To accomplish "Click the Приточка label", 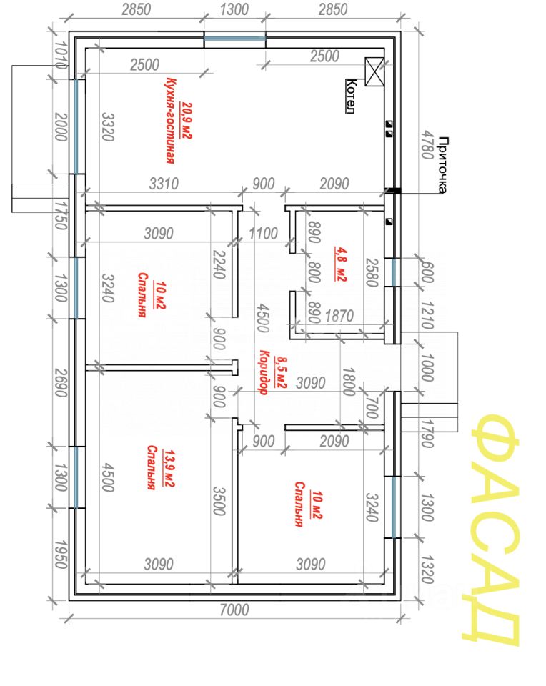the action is tap(442, 165).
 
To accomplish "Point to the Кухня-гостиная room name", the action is tap(170, 121).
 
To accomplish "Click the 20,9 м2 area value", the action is tap(187, 121).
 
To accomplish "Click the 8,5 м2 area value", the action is tap(280, 372).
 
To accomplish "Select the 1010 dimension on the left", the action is tap(60, 56).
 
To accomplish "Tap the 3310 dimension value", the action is tap(163, 184).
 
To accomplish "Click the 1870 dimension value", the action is tap(341, 315).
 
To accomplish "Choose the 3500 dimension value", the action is tap(219, 500).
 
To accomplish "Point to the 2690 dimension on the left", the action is tap(61, 384).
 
